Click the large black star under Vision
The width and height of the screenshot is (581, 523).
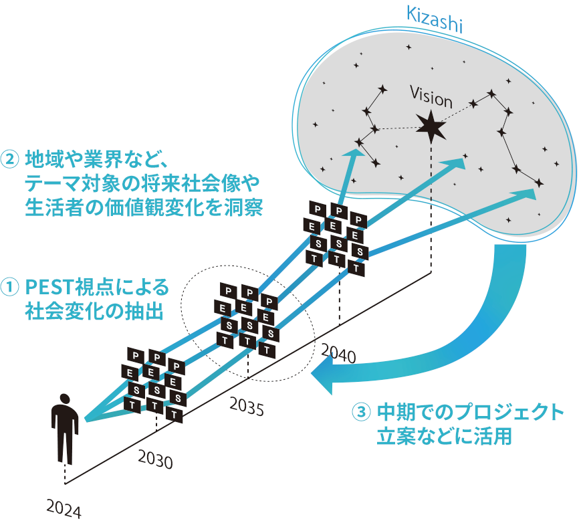click(431, 125)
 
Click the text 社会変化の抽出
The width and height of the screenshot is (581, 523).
click(94, 311)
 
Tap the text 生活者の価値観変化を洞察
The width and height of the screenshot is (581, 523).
click(143, 206)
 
